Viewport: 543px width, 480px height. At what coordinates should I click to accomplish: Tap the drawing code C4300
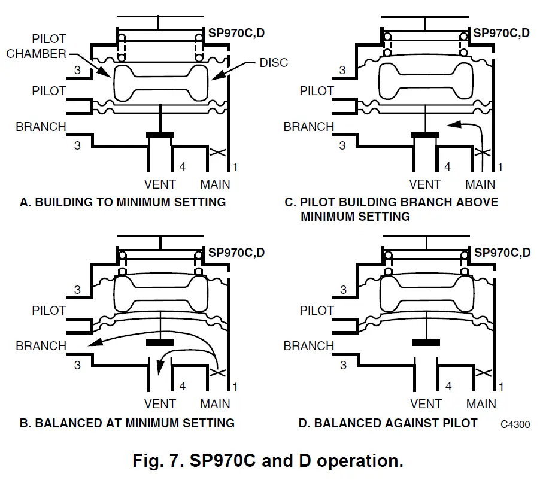[515, 424]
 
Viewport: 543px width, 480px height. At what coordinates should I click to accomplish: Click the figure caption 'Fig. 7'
[267, 461]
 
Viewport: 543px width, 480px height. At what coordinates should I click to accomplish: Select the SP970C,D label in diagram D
[502, 253]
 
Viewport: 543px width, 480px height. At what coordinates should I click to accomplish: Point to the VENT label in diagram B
[160, 403]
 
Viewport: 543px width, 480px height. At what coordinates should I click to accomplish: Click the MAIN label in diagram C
[480, 184]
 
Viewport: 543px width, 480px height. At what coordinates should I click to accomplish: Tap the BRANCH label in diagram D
[308, 346]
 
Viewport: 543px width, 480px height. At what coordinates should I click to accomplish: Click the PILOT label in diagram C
[317, 91]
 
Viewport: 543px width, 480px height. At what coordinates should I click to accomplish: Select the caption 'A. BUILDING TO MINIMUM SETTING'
[123, 202]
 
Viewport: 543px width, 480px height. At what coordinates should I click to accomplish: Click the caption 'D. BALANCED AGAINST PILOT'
[388, 423]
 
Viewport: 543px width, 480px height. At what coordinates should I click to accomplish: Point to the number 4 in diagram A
[183, 166]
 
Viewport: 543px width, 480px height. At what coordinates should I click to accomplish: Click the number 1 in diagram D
[500, 387]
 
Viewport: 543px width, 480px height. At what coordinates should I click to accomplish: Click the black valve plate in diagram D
[426, 343]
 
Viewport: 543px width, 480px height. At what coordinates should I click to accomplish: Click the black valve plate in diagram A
[160, 135]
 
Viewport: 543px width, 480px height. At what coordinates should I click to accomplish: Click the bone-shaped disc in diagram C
[425, 83]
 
